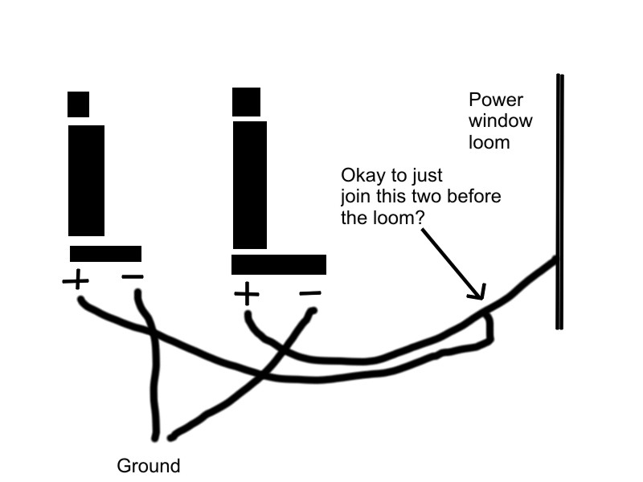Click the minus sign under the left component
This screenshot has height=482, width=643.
point(133,278)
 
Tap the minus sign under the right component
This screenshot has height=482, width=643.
point(310,294)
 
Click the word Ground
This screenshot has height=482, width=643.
point(149,466)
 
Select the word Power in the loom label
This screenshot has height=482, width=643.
point(496,100)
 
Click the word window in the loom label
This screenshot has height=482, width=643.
point(499,122)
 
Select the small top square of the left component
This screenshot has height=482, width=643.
point(78,104)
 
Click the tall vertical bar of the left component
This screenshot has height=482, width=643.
point(86,180)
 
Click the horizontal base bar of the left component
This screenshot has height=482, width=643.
point(105,254)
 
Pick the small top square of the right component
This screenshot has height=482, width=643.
point(246,102)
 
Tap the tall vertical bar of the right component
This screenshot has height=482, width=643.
point(249,184)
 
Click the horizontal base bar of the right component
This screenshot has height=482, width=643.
point(279,264)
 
